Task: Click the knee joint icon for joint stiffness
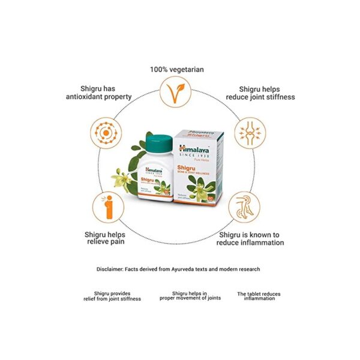point(247,131)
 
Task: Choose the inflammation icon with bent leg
point(247,207)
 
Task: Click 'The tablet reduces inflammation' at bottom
point(259,296)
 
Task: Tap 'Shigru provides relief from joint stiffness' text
point(113,296)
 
